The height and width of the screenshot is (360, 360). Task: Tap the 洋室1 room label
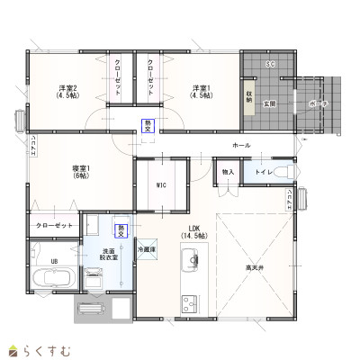201,91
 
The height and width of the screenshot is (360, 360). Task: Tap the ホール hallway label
241,145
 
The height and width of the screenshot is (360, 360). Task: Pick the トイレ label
264,170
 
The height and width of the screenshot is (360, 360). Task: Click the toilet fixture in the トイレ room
283,170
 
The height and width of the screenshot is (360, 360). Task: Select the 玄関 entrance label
268,104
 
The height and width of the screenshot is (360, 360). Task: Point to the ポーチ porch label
318,104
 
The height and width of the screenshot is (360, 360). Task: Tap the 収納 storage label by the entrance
249,95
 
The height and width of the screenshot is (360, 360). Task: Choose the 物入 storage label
229,171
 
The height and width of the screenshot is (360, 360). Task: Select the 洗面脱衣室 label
109,255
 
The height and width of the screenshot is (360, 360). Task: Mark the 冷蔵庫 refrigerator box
147,247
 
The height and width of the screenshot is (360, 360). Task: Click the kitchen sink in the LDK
190,263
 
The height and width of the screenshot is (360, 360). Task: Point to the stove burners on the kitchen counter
189,300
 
